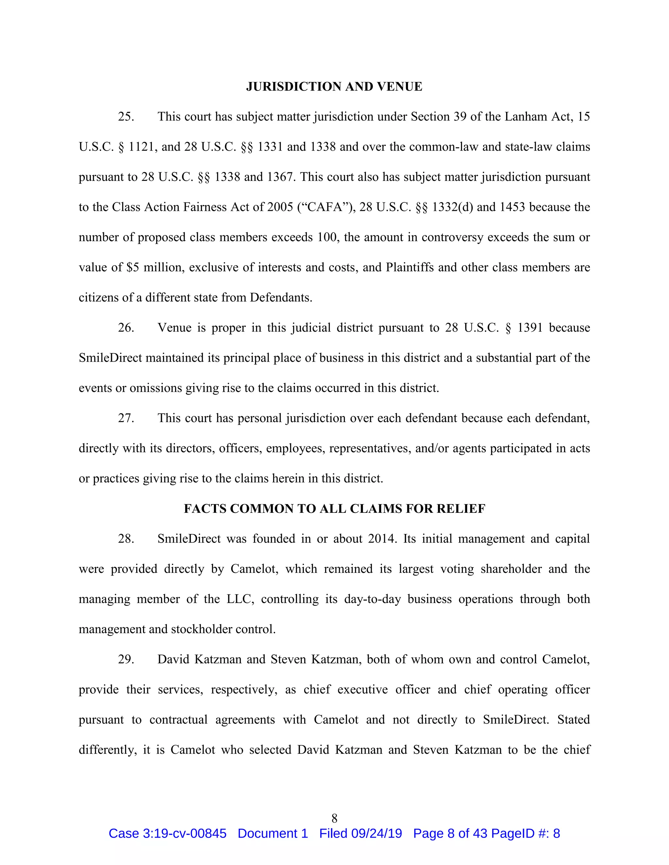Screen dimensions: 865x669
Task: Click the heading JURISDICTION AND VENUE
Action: (334, 86)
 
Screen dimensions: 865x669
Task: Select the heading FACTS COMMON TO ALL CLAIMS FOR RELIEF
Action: (334, 509)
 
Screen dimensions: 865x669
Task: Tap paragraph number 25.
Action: (126, 117)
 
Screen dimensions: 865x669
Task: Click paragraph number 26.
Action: (126, 328)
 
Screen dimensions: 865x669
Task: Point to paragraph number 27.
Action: (126, 418)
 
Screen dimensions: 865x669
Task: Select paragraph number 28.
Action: (126, 539)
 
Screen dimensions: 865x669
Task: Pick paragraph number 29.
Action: (126, 659)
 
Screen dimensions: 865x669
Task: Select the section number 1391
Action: (530, 328)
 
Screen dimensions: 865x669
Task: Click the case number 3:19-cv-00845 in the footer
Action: (184, 834)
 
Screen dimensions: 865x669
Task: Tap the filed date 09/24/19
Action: (377, 834)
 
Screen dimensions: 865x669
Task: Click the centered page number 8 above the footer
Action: (334, 818)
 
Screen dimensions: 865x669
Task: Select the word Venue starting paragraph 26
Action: (174, 328)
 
